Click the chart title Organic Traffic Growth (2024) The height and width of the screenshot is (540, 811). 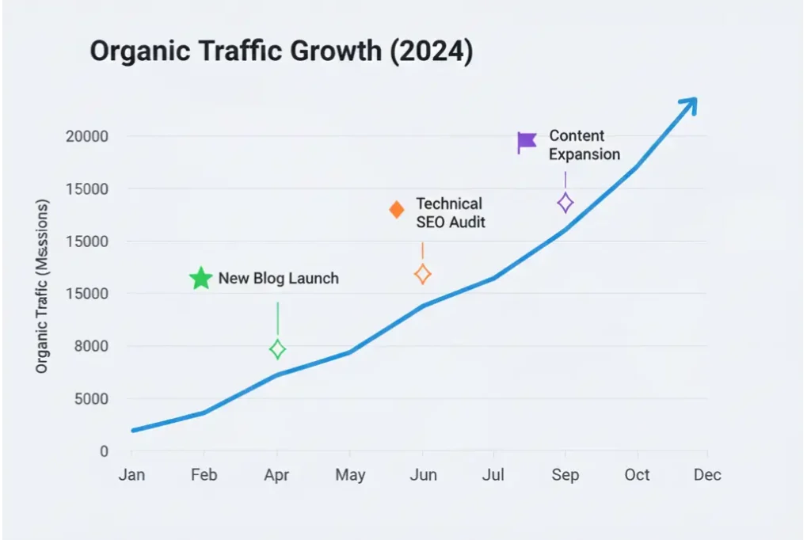[280, 51]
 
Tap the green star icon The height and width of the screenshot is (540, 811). [201, 279]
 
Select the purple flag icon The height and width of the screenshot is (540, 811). [527, 143]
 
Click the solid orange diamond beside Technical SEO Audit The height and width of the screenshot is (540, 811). [397, 210]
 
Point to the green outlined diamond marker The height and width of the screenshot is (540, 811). [277, 349]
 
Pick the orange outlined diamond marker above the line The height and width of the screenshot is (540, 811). [422, 275]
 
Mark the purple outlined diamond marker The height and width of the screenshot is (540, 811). [565, 203]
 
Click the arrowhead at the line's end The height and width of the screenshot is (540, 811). [691, 103]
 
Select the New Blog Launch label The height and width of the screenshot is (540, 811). [278, 279]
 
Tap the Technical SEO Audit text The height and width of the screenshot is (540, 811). [450, 213]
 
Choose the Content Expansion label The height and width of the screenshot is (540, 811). [584, 145]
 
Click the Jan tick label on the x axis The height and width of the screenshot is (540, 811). [131, 475]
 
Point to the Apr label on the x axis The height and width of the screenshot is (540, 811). [276, 475]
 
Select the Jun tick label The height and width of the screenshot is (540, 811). [423, 475]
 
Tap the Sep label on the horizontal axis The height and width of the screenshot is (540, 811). [565, 475]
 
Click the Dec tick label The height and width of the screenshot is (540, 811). [707, 474]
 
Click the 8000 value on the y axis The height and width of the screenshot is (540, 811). [91, 347]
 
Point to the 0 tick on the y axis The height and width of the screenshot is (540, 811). [103, 451]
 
